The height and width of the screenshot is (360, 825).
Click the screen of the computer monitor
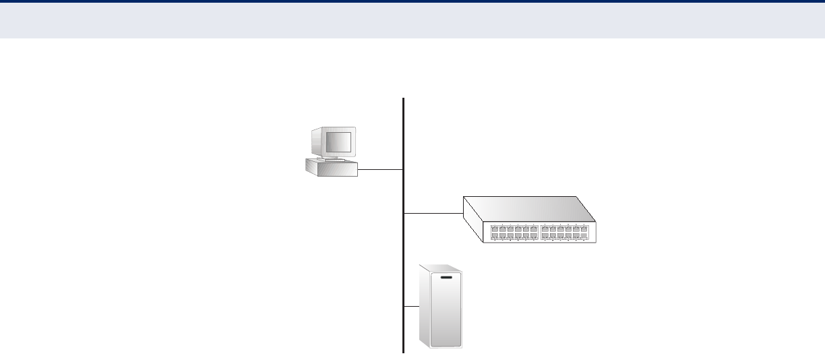click(338, 143)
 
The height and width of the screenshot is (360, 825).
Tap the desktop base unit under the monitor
click(330, 168)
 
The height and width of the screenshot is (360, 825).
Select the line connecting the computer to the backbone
click(380, 170)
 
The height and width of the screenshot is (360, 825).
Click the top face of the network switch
click(529, 208)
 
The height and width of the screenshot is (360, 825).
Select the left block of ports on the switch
click(514, 233)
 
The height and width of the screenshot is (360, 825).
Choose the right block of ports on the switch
click(565, 233)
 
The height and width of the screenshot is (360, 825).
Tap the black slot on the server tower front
click(446, 277)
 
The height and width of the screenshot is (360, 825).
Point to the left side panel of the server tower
click(425, 310)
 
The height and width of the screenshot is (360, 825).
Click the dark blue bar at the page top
click(413, 1)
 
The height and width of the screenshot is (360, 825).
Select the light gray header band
click(413, 20)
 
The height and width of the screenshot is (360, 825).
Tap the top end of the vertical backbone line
click(404, 99)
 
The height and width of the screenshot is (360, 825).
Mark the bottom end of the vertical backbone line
click(404, 351)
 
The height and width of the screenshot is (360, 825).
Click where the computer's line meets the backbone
click(404, 170)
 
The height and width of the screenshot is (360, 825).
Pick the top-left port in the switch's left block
click(495, 229)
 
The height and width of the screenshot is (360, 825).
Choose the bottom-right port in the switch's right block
click(584, 237)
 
